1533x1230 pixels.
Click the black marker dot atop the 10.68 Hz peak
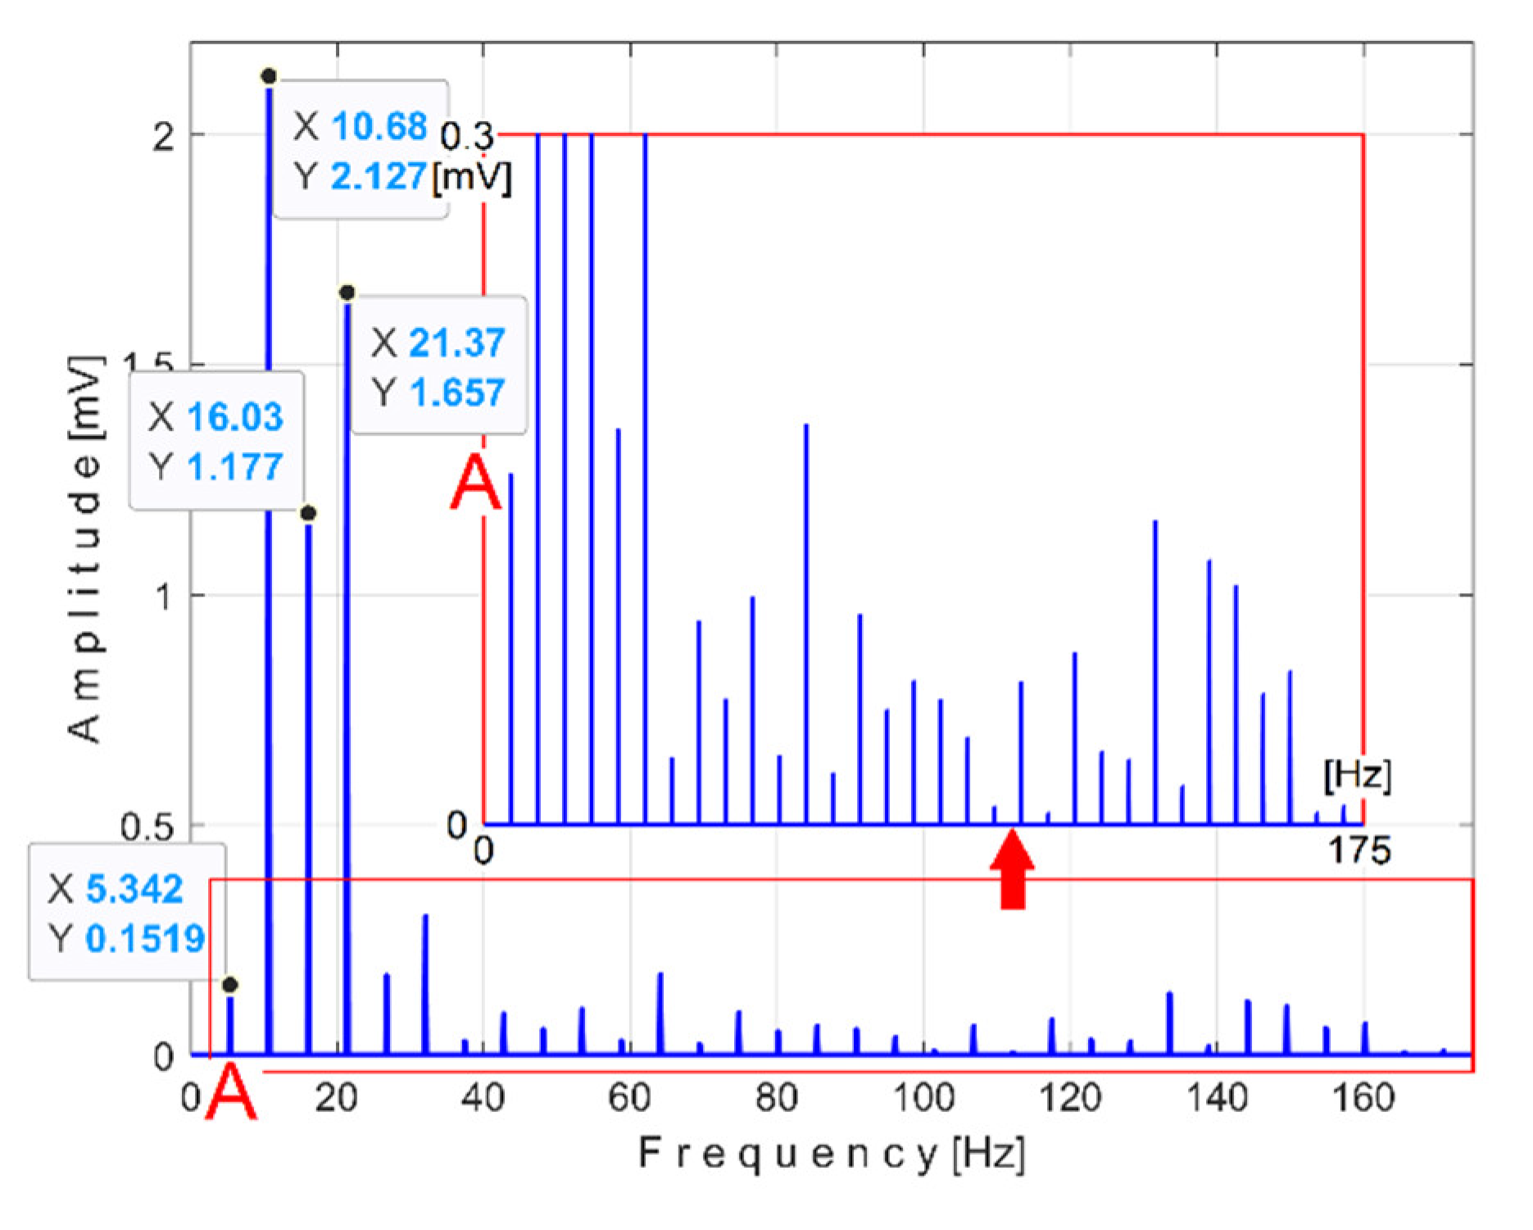tap(269, 76)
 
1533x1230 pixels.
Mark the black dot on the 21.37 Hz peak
tap(347, 293)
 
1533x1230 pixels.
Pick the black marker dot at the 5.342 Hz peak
tap(230, 984)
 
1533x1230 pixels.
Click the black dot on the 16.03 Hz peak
tap(308, 513)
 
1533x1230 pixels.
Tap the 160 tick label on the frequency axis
tap(1364, 1098)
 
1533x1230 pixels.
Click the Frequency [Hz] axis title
tap(831, 1154)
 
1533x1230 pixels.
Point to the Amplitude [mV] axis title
tap(86, 549)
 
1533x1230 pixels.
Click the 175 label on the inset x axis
tap(1358, 851)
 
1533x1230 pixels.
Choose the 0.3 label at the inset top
tap(467, 136)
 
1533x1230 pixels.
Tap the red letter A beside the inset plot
tap(476, 485)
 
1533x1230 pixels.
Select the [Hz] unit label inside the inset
tap(1357, 775)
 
